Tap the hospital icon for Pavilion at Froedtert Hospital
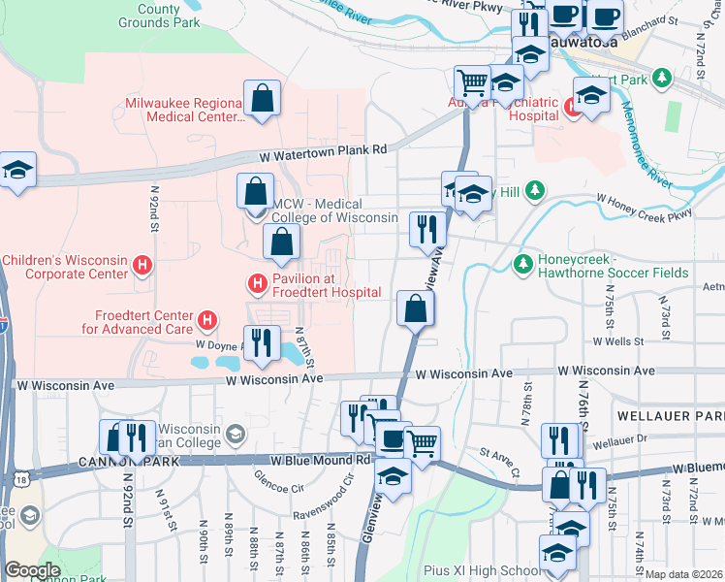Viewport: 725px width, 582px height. coord(257,283)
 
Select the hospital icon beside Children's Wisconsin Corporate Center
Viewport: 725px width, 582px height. coord(142,264)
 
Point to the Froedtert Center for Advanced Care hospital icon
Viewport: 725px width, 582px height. coord(206,319)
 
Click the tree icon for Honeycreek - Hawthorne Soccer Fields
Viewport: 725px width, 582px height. coord(523,264)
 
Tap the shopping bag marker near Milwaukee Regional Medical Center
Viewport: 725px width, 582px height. coord(262,99)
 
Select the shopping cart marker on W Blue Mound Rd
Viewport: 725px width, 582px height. coord(422,443)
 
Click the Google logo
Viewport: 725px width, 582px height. coord(32,571)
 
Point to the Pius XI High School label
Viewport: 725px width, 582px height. coord(482,570)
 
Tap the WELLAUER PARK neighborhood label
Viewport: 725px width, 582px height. coord(670,415)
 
